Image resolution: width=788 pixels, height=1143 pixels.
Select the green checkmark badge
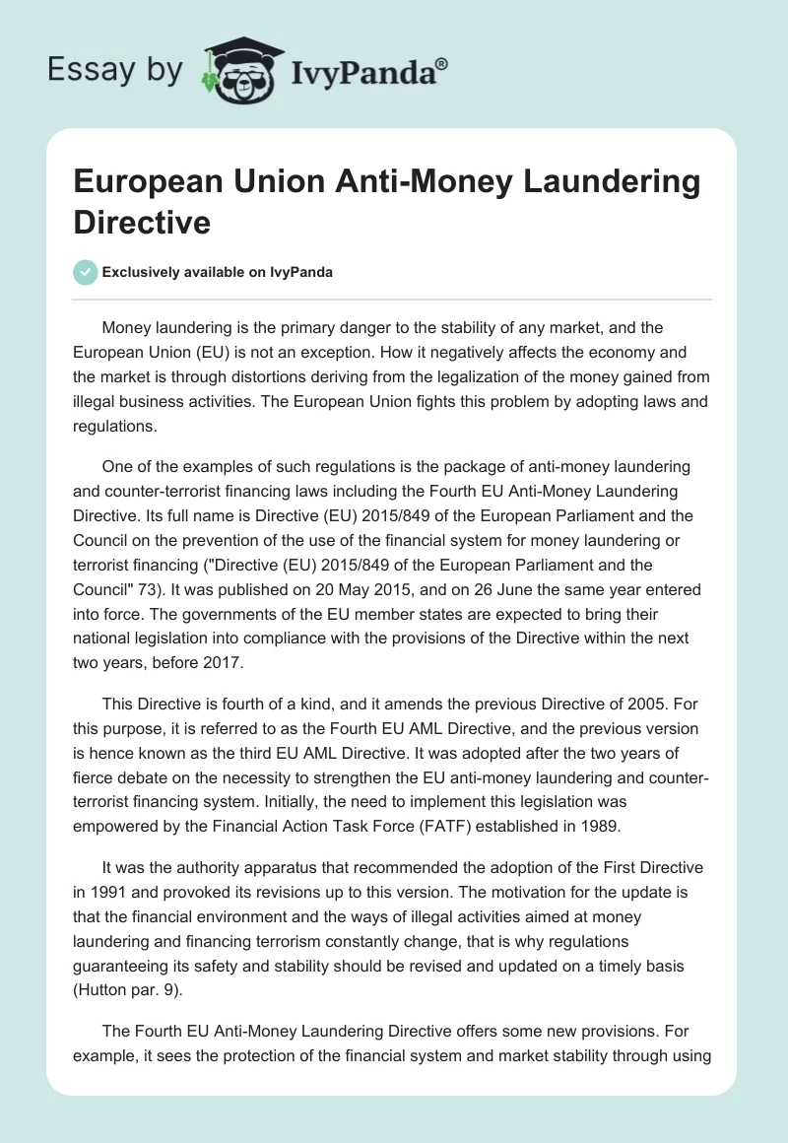pos(86,272)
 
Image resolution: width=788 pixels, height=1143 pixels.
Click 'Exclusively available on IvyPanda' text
pos(218,273)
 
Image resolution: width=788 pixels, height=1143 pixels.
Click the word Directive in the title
pos(142,222)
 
